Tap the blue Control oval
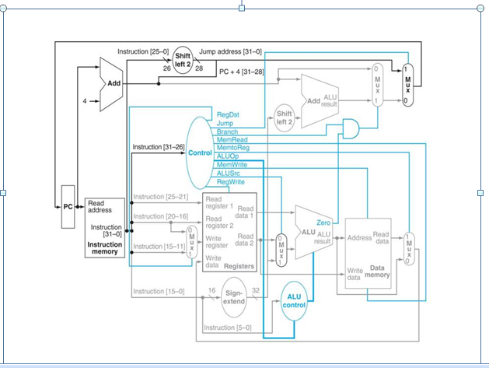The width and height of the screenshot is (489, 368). (201, 152)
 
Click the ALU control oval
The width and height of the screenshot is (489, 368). (295, 300)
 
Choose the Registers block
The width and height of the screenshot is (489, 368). (229, 233)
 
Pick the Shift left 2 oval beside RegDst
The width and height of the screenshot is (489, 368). (283, 117)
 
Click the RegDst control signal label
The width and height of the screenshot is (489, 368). (228, 114)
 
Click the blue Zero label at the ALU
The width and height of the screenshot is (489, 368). (323, 223)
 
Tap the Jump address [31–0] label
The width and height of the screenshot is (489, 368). (232, 51)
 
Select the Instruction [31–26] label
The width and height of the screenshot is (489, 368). (158, 146)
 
